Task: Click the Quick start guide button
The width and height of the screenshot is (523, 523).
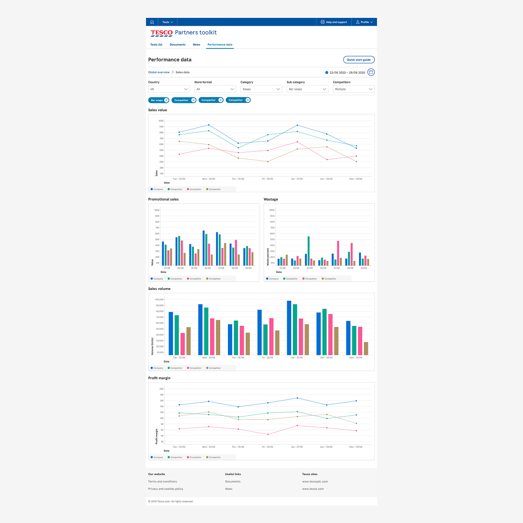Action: (x=359, y=60)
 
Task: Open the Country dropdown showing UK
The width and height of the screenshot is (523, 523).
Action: (x=169, y=89)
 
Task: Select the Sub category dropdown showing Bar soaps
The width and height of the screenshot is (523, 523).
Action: (x=307, y=89)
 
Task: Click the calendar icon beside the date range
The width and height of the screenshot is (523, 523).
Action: (x=371, y=72)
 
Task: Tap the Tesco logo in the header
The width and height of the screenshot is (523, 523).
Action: (x=161, y=33)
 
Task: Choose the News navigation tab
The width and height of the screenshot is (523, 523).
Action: (x=197, y=44)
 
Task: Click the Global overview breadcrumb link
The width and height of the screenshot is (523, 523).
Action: (x=159, y=72)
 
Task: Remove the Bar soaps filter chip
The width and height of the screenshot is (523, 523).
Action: (x=166, y=100)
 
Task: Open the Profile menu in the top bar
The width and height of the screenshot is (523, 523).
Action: (x=364, y=22)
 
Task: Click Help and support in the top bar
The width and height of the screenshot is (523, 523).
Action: (x=334, y=22)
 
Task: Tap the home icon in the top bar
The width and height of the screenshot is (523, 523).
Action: (x=152, y=22)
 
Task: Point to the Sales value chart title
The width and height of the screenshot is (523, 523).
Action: (x=157, y=110)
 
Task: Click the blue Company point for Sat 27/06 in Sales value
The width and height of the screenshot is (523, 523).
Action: (x=297, y=125)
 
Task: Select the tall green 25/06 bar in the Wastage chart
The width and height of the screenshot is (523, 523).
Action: (x=309, y=251)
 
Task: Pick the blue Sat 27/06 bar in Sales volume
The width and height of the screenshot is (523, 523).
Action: (x=289, y=328)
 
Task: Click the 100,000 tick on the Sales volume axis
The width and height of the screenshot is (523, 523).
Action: (x=159, y=299)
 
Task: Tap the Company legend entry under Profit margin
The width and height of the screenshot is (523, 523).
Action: (x=157, y=457)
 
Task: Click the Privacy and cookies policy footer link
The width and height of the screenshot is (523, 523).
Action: (x=166, y=489)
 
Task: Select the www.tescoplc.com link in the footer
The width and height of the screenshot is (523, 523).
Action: (x=315, y=482)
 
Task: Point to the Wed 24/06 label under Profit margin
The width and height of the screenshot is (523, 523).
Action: (x=208, y=447)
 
